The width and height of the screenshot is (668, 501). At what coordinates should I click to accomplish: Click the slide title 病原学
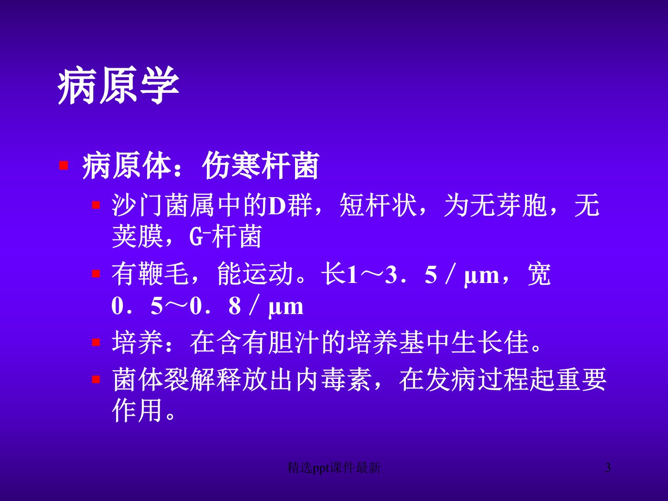click(x=118, y=85)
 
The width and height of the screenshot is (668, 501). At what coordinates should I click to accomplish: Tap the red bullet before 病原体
click(x=64, y=166)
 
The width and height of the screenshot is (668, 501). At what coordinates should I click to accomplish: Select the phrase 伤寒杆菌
click(x=261, y=166)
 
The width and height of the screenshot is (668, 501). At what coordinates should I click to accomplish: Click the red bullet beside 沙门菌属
click(x=96, y=205)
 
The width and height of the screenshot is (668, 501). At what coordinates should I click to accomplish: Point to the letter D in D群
click(x=276, y=206)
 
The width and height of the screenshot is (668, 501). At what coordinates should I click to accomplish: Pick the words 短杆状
click(x=378, y=206)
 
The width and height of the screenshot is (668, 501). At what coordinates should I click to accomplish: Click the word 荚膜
click(x=137, y=237)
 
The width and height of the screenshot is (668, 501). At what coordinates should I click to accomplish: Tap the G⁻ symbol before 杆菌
click(x=199, y=237)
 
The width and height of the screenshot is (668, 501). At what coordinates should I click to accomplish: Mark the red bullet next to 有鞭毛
click(x=96, y=274)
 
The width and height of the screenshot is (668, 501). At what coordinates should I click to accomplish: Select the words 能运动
click(x=255, y=274)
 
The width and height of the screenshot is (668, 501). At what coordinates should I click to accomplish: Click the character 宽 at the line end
click(x=539, y=274)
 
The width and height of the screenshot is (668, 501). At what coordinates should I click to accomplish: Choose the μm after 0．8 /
click(x=286, y=308)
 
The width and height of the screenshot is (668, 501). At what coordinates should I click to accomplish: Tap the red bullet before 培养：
click(x=96, y=342)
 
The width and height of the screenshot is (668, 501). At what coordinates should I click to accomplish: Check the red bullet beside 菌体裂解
click(x=96, y=379)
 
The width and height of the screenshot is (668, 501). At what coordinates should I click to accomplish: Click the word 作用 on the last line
click(x=137, y=411)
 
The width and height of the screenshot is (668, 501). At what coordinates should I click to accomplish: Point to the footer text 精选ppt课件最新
click(x=334, y=468)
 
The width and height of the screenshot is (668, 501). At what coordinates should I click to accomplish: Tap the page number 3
click(x=608, y=468)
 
